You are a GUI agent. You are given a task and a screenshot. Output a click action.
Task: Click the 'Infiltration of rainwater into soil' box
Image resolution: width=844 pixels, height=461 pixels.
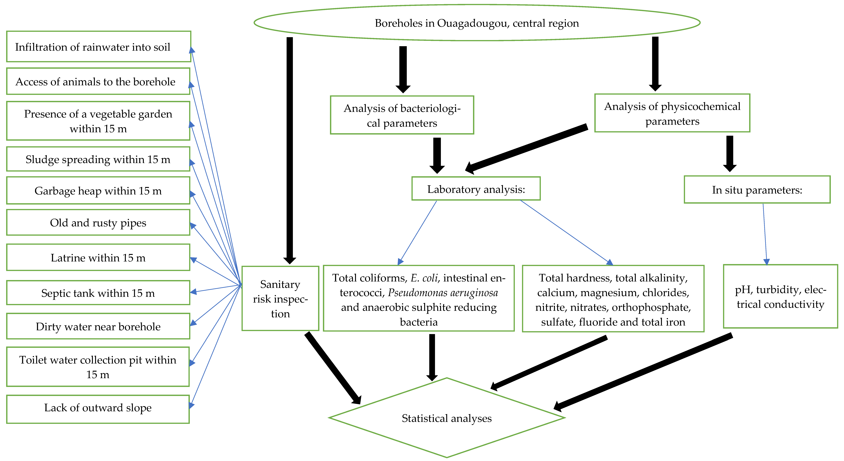[99, 47]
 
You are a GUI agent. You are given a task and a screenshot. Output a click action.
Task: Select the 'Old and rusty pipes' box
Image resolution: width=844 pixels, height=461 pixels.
[98, 222]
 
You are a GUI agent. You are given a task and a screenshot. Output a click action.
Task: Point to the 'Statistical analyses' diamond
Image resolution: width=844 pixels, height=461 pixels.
[447, 418]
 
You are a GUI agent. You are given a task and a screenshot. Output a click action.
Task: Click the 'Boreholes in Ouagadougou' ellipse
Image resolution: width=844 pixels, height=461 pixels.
[477, 23]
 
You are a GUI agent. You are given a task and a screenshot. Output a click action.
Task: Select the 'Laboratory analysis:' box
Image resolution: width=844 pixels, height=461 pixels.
[476, 189]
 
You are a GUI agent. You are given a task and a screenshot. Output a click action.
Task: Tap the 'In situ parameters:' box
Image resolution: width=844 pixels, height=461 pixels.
[757, 190]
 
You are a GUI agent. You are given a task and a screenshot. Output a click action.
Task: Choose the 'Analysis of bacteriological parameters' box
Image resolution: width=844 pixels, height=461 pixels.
[402, 115]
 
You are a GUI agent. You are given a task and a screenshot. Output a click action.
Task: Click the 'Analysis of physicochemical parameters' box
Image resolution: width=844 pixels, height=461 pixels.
[672, 113]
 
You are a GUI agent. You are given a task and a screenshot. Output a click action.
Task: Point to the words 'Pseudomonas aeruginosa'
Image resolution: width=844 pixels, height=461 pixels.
[443, 292]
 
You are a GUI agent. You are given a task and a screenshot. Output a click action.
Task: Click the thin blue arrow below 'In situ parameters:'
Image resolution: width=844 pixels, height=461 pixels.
[765, 234]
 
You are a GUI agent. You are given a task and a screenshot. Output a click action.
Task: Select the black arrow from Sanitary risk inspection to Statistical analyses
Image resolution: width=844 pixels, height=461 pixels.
[333, 368]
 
